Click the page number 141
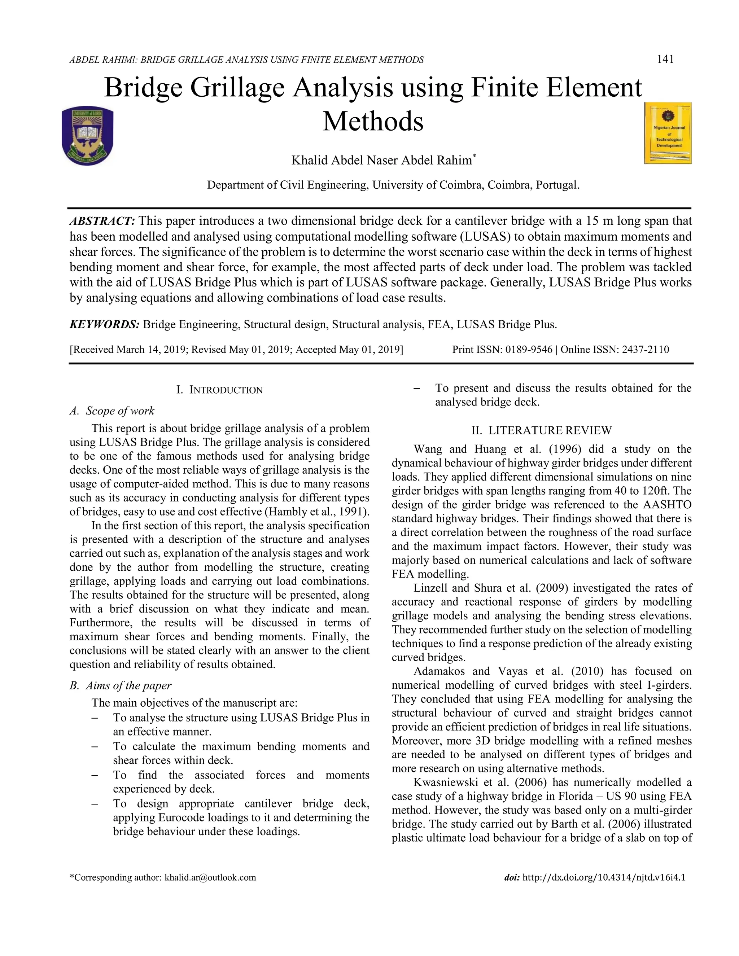665,59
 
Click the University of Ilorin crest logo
88,136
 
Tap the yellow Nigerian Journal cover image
668,133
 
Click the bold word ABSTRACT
102,221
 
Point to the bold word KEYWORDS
105,324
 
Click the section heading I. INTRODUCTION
219,390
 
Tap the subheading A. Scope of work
112,411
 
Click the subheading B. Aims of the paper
121,685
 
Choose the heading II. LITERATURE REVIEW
541,430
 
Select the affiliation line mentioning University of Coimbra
393,185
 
